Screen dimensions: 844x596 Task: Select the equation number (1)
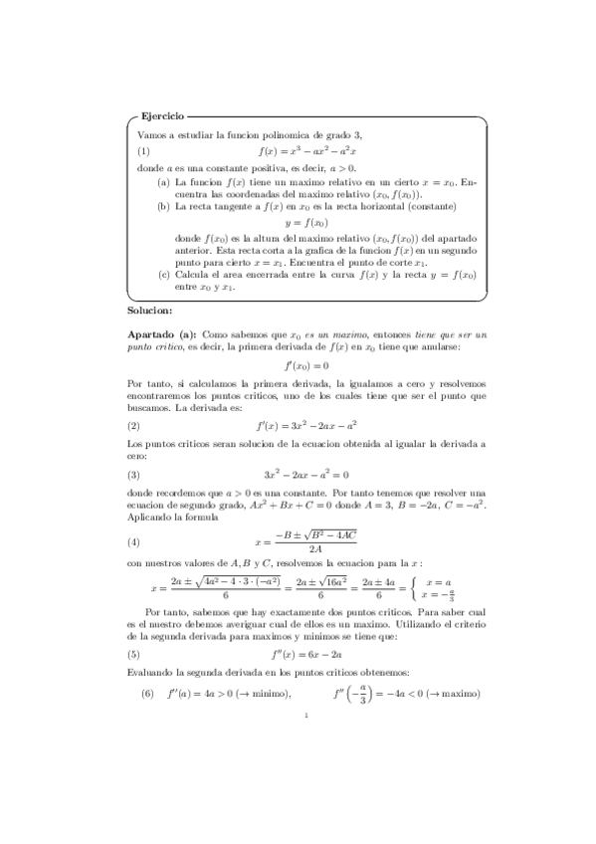click(144, 151)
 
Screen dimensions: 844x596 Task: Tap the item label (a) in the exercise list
click(164, 183)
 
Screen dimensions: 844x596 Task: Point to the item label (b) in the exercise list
click(164, 207)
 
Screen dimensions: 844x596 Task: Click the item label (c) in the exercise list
click(164, 274)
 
